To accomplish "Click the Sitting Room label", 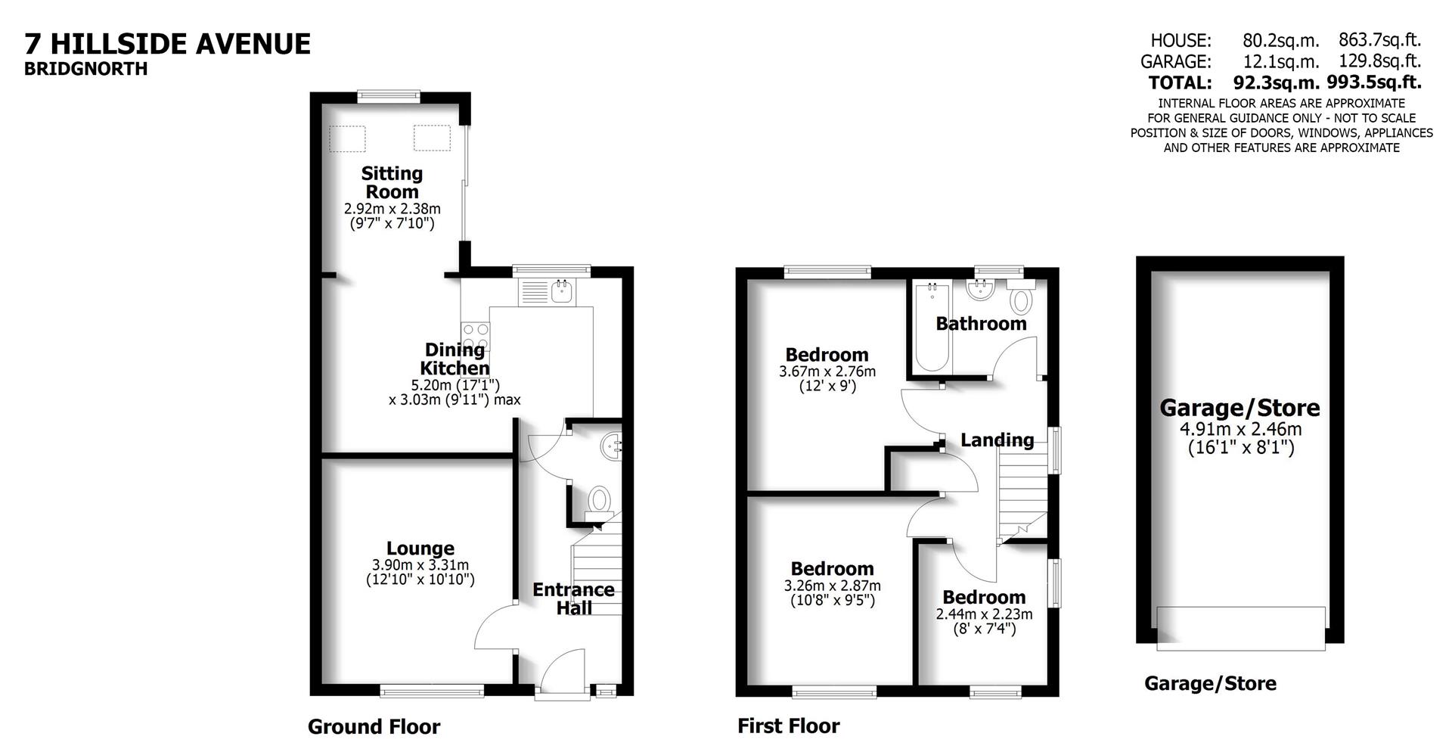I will pyautogui.click(x=392, y=182).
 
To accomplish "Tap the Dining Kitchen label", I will pyautogui.click(x=455, y=359).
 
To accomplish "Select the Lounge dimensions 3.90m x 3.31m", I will pyautogui.click(x=420, y=565).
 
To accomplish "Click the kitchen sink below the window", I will pyautogui.click(x=562, y=291).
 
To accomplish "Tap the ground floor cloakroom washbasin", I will pyautogui.click(x=610, y=446).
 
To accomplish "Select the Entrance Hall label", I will pyautogui.click(x=573, y=598).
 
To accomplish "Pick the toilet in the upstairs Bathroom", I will pyautogui.click(x=1021, y=299).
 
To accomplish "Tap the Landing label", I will pyautogui.click(x=997, y=440).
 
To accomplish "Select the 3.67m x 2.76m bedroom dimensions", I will pyautogui.click(x=827, y=371).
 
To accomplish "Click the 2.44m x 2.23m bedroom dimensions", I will pyautogui.click(x=984, y=614).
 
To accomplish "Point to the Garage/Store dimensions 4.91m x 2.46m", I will pyautogui.click(x=1240, y=430).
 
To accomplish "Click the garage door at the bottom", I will pyautogui.click(x=1240, y=627).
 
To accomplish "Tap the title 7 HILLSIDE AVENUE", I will pyautogui.click(x=168, y=44).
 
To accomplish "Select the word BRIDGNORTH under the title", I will pyautogui.click(x=85, y=69).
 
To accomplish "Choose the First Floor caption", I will pyautogui.click(x=788, y=726).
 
